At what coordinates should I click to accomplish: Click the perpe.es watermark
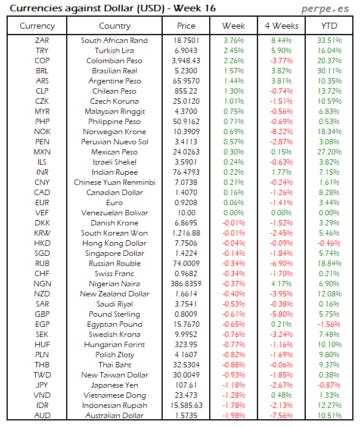tap(326, 8)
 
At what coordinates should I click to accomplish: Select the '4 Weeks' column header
tap(281, 26)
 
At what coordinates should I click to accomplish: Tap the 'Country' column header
tap(114, 26)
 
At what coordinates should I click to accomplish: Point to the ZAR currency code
tap(42, 40)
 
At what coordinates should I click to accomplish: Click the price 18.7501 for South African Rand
tap(186, 40)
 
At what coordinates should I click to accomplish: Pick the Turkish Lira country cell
tap(114, 50)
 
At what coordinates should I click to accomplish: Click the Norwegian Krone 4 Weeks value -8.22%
tap(282, 131)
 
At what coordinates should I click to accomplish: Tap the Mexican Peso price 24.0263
tap(186, 151)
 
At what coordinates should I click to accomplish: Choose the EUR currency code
tap(42, 202)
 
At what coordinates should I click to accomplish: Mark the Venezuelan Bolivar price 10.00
tap(186, 212)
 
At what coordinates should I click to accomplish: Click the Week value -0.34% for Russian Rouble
tap(233, 263)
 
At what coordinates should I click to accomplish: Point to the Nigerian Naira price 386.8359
tap(186, 283)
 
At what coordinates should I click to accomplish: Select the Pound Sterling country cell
tap(114, 314)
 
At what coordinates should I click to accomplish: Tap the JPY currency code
tap(42, 385)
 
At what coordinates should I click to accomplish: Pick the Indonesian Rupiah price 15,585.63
tap(186, 405)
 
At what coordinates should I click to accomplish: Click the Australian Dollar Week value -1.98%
tap(233, 415)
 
